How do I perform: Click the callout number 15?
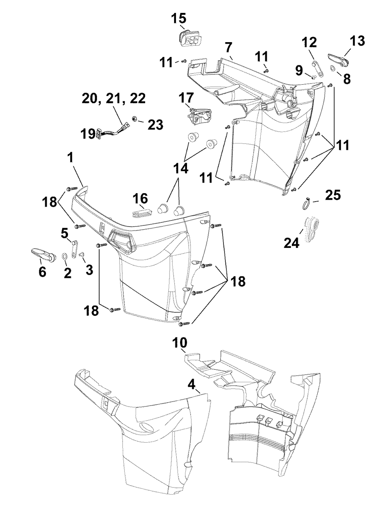(x=179, y=18)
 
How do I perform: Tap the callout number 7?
(x=228, y=48)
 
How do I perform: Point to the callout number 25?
(x=333, y=195)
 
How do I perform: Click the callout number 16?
(x=140, y=199)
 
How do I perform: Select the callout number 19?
(x=88, y=134)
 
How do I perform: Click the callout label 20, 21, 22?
(x=114, y=98)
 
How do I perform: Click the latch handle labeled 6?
(x=43, y=254)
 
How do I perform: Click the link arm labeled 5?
(x=75, y=249)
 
